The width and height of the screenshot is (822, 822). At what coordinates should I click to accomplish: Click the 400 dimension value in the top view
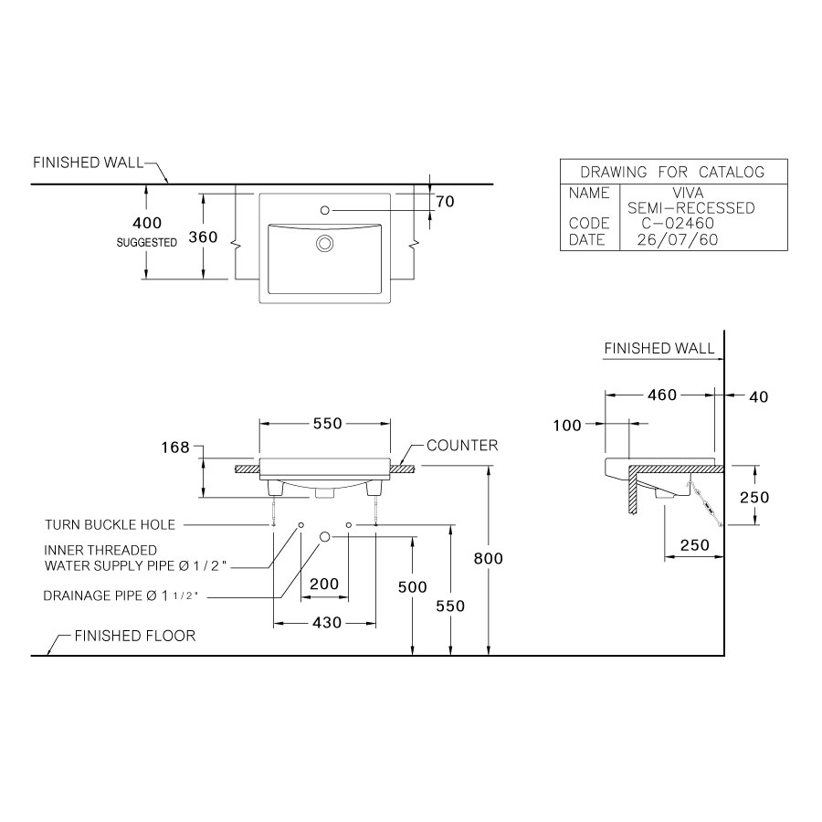coord(146,223)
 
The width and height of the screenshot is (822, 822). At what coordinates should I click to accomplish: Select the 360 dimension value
coord(202,237)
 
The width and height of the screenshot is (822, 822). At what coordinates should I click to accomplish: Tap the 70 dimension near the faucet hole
coord(445,202)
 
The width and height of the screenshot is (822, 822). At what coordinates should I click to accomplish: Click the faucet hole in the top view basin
coord(324,211)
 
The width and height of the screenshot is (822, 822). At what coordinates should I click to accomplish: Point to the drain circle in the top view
coord(324,243)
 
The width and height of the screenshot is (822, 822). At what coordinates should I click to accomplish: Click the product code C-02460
coord(677,224)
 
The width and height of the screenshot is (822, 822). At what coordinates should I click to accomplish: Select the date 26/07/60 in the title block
coord(677,240)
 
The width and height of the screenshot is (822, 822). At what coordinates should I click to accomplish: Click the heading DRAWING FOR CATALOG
coord(672,172)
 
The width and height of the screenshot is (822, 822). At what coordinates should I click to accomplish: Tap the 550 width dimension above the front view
coord(327,424)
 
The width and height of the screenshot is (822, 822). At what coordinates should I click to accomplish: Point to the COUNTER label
coord(462,446)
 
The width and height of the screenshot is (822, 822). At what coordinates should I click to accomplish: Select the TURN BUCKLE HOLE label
coord(110,525)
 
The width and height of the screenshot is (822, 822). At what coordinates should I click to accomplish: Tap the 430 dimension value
coord(327,622)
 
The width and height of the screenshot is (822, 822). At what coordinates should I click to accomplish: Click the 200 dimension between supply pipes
coord(324,585)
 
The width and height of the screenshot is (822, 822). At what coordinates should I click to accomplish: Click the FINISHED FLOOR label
coord(135,636)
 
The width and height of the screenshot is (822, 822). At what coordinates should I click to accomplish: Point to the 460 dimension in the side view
coord(661,395)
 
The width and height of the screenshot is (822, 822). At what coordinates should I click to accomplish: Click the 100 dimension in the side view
coord(567,425)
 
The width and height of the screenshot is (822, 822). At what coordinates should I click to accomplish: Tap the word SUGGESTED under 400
coord(146,243)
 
